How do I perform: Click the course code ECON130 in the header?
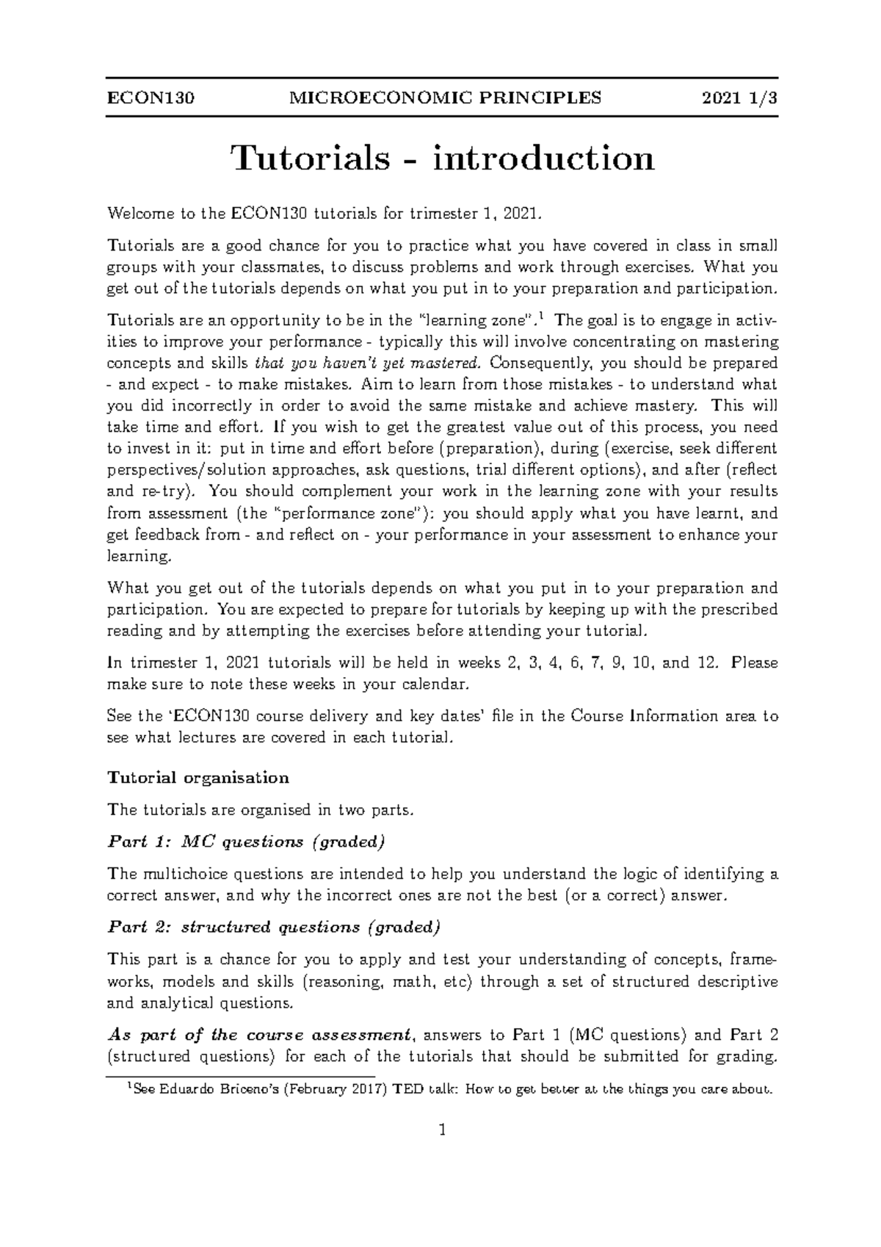pos(151,98)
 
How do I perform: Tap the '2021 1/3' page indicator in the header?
pos(739,98)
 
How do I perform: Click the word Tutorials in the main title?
pos(311,159)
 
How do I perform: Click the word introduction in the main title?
pos(543,159)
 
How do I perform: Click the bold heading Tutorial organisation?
pos(198,778)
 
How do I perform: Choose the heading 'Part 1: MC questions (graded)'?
pos(246,842)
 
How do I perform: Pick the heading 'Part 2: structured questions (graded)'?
pos(273,927)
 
